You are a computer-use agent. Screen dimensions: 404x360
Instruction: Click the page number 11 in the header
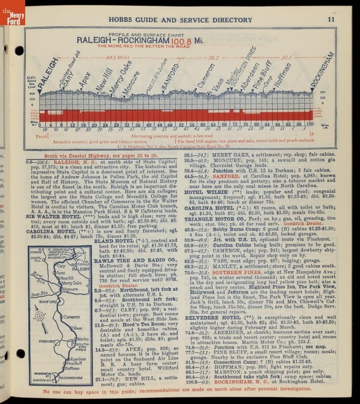point(331,20)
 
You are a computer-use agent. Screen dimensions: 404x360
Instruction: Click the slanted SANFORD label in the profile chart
point(170,76)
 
